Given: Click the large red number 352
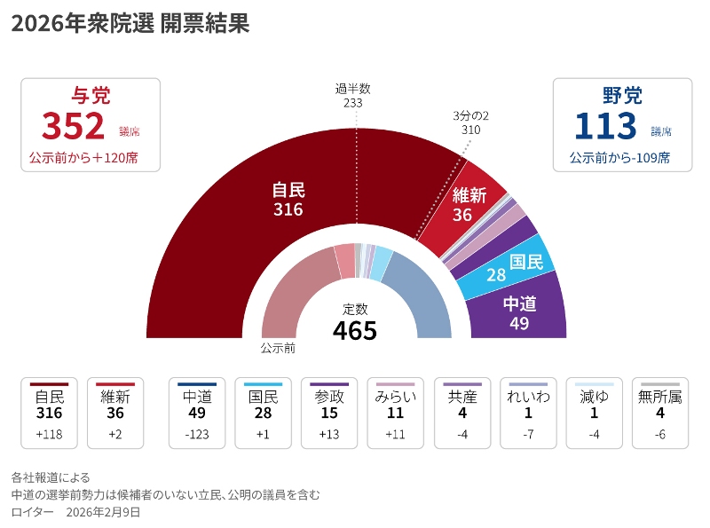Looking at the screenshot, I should [74, 127].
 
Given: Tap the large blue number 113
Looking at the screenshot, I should [605, 127].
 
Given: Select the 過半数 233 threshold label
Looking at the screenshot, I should [353, 95].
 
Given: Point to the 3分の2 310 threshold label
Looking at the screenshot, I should [471, 122].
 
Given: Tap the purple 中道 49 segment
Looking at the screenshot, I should [524, 311].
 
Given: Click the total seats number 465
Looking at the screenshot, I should [355, 330].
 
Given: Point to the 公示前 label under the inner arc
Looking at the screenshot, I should [278, 349].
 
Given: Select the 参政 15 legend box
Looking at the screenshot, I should [329, 413].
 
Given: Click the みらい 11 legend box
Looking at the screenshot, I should [396, 413].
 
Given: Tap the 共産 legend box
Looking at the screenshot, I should [462, 413].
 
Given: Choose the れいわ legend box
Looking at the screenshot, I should [528, 413].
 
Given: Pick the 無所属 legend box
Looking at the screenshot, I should [660, 413].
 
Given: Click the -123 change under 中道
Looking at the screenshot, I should [197, 434].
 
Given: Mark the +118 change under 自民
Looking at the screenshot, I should [49, 434].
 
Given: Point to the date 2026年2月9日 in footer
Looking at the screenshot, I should [103, 512].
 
